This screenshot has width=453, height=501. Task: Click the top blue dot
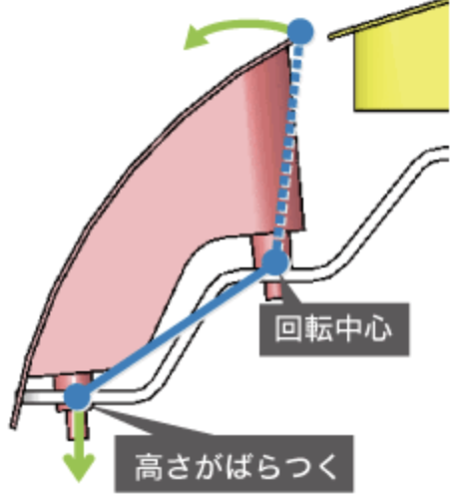[x=300, y=31]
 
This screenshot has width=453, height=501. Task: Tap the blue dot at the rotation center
[x=275, y=262]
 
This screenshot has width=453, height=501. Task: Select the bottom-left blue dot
[x=77, y=396]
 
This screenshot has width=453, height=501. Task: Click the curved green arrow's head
[x=197, y=38]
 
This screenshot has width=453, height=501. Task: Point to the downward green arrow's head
[x=79, y=468]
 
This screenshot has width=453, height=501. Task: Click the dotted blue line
[x=288, y=147]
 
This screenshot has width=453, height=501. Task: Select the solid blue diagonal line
[x=177, y=329]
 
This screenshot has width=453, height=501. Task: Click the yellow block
[x=402, y=60]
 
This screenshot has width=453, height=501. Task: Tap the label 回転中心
[x=334, y=329]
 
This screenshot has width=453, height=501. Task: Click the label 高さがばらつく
[x=233, y=463]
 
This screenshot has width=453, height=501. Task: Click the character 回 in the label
[x=288, y=329]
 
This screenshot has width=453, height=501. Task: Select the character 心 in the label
[x=377, y=329]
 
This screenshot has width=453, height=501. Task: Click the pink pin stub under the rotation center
[x=272, y=289]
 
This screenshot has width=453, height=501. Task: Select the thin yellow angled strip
[x=389, y=19]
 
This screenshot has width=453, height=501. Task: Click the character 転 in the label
[x=318, y=329]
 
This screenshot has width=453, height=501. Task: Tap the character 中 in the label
[x=347, y=329]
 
